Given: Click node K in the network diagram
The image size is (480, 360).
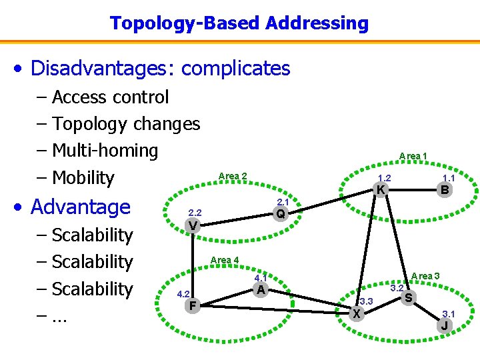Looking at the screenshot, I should (380, 190).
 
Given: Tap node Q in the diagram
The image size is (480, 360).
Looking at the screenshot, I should (281, 213).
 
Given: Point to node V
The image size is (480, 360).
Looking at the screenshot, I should (192, 225).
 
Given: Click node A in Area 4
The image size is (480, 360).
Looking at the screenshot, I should (261, 289).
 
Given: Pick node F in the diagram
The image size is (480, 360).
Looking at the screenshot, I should (192, 306).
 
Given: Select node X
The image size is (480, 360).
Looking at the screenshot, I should (357, 313).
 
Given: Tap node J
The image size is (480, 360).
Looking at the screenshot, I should (445, 326).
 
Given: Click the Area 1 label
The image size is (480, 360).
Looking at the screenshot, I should (413, 156).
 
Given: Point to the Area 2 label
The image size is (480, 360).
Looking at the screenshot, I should (233, 176).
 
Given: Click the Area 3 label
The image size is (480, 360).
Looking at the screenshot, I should (425, 276).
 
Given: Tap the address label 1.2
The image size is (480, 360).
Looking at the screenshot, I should (384, 178).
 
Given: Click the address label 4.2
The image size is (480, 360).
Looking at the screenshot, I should (183, 294).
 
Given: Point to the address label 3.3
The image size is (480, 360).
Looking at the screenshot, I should (365, 302).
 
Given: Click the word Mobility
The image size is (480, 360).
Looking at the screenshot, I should (83, 178).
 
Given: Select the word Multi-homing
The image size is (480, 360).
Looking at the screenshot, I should (105, 151).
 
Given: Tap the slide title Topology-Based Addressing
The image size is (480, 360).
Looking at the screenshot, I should (239, 23).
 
